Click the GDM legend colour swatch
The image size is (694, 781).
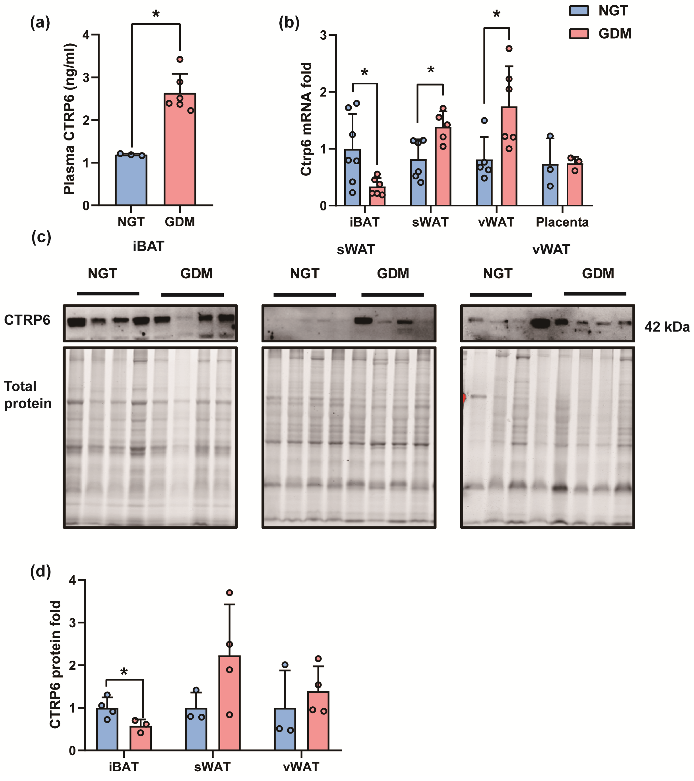coord(579,34)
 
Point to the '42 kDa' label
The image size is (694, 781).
coord(667,327)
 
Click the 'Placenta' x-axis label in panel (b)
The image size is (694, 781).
coord(562,222)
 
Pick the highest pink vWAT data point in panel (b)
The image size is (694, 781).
coord(509,49)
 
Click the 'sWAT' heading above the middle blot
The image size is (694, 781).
coord(356,249)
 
